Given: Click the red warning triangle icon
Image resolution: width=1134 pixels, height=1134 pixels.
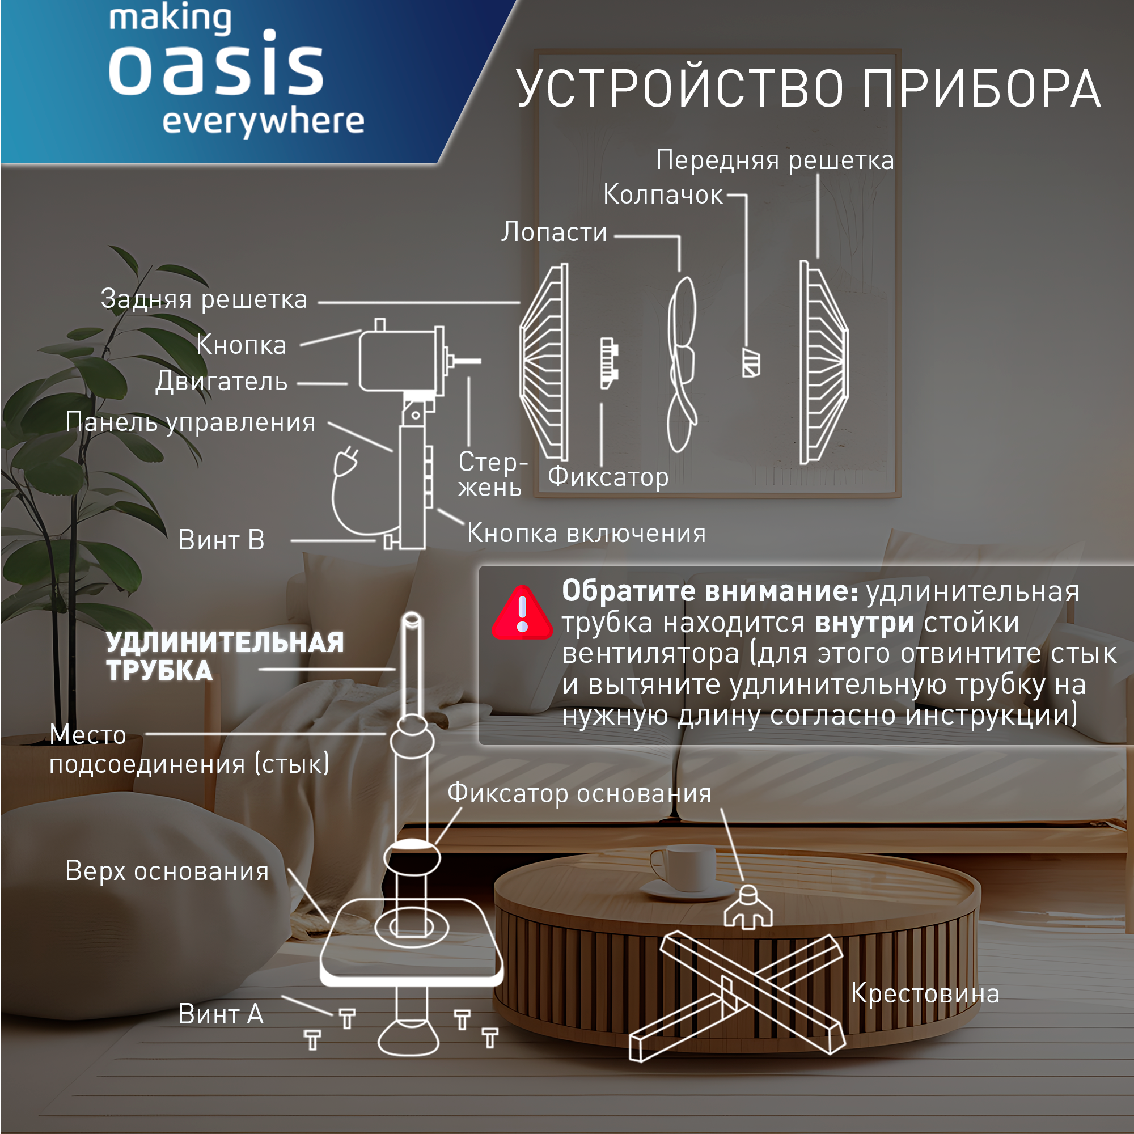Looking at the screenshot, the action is [x=521, y=614].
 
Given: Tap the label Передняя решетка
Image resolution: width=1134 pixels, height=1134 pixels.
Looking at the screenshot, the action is [x=774, y=160].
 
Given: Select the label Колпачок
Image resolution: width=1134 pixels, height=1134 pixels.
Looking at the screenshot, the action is [x=663, y=195].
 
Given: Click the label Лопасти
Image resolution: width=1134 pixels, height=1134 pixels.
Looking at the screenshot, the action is [x=553, y=232].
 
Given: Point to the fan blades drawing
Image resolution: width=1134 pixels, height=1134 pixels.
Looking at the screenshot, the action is [x=682, y=364].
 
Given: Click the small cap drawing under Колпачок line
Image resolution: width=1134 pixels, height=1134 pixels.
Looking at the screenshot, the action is [x=751, y=363].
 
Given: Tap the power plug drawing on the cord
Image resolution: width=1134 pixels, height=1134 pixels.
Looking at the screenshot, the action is [x=347, y=460].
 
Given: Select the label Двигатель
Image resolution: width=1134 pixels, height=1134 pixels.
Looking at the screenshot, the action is [x=221, y=382].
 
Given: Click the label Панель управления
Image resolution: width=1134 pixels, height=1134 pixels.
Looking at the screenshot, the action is [x=190, y=422].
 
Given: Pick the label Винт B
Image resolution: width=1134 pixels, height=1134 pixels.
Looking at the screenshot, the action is [x=221, y=540].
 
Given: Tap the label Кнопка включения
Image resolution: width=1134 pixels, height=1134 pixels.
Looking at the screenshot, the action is [x=586, y=534].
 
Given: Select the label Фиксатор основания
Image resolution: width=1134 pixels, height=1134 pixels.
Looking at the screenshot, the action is [x=579, y=794].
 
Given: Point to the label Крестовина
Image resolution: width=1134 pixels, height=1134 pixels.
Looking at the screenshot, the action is [x=924, y=994].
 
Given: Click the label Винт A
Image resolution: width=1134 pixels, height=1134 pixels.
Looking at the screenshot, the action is [x=220, y=1014].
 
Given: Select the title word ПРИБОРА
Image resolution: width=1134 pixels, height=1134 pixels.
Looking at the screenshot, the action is [x=981, y=89].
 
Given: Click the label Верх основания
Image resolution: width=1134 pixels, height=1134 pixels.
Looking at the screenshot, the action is [x=167, y=871].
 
